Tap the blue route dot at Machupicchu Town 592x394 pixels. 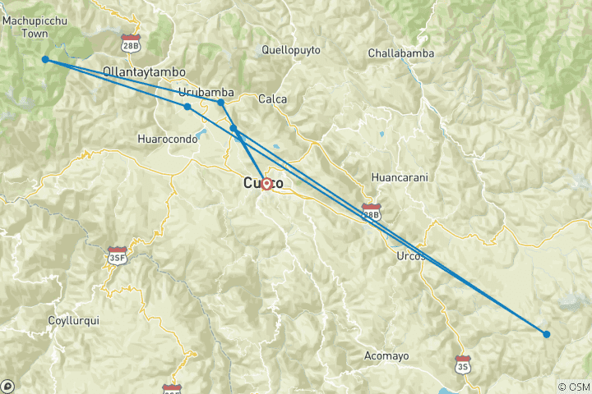[x=45, y=59]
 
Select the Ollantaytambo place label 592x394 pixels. [x=144, y=72]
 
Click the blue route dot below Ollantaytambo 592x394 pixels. [x=187, y=107]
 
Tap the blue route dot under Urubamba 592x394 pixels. [x=221, y=103]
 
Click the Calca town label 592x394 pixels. [x=272, y=99]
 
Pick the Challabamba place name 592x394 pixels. [x=400, y=53]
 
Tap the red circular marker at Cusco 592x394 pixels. [x=266, y=184]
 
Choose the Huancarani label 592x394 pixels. [x=400, y=177]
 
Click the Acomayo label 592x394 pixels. [x=386, y=355]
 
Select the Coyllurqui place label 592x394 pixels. [x=73, y=321]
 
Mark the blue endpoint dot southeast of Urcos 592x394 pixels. [x=547, y=334]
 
